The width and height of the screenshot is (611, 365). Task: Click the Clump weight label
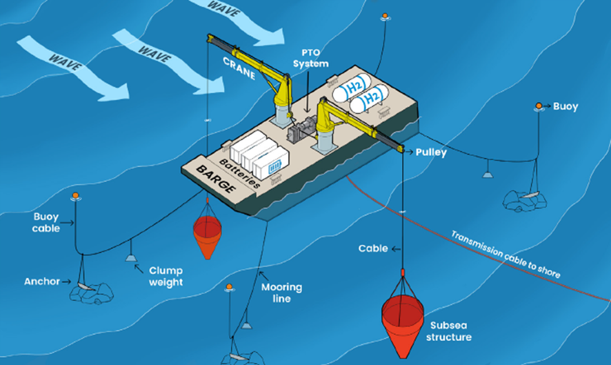[x=166, y=277]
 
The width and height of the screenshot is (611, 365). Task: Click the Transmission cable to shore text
[x=505, y=254]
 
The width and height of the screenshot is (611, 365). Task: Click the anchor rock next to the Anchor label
[x=90, y=292]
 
